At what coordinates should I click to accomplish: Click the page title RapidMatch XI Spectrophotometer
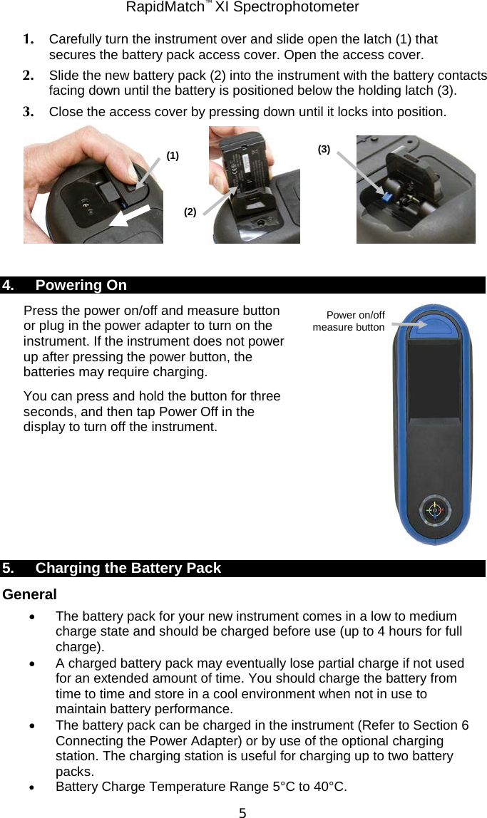coord(242,8)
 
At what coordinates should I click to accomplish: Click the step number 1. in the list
coord(30,39)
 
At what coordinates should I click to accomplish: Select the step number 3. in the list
coord(30,112)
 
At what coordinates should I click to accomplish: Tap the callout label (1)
coord(173,155)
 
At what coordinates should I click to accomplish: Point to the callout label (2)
coord(190,212)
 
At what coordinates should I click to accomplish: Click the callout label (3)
coord(324,149)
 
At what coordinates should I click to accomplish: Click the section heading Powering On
coord(81,286)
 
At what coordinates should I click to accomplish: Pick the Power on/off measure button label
coord(349,321)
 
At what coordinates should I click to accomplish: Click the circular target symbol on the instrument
coord(432,509)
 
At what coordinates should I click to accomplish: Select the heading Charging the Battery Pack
coord(128,569)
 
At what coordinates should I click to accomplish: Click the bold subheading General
coord(30,594)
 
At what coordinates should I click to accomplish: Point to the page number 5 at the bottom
coord(242,811)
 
